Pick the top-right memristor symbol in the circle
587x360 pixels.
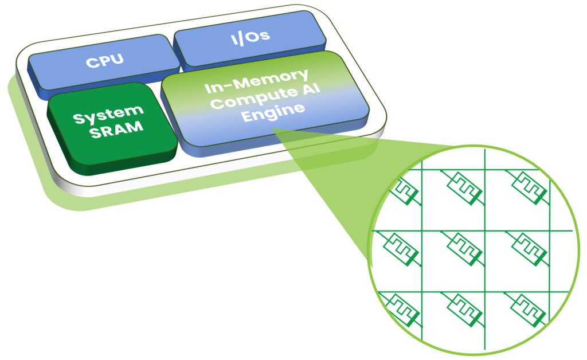click(x=526, y=185)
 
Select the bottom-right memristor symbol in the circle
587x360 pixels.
click(x=526, y=306)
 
